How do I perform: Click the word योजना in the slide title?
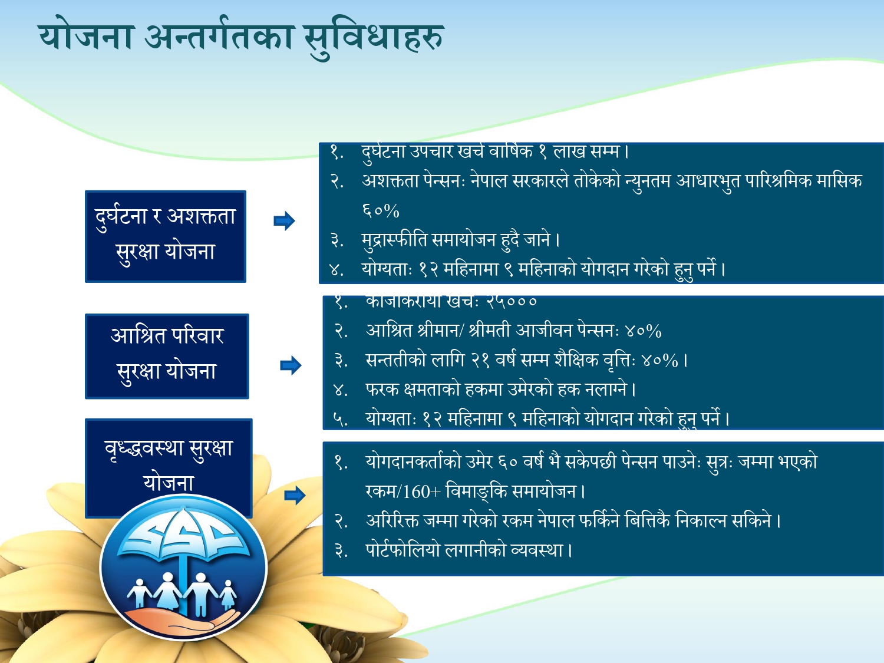(x=87, y=37)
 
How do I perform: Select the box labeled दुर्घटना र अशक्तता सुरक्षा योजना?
(x=166, y=236)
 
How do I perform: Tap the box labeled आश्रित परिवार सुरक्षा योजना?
(x=167, y=355)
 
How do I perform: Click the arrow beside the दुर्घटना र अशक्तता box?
(x=284, y=221)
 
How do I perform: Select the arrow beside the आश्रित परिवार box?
(x=291, y=365)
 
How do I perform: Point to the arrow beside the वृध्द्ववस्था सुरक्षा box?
(x=295, y=495)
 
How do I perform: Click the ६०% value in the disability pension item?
(x=381, y=210)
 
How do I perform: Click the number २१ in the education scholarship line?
(x=480, y=360)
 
